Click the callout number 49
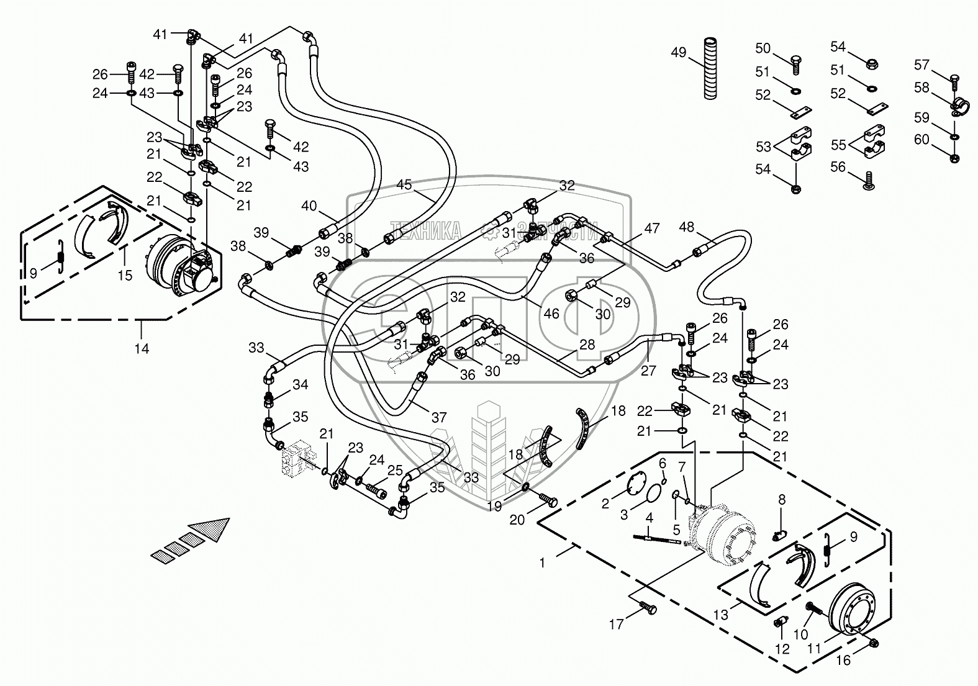click(x=679, y=52)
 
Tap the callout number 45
click(x=404, y=184)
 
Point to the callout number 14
click(x=142, y=348)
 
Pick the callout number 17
click(x=616, y=624)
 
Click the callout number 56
click(x=838, y=166)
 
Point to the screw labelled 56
click(x=869, y=181)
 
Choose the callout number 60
click(x=921, y=140)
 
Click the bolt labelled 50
click(x=797, y=60)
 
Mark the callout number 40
click(x=309, y=205)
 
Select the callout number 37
click(x=439, y=418)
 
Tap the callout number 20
click(x=517, y=520)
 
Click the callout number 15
click(x=125, y=274)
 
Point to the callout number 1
click(x=542, y=563)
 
